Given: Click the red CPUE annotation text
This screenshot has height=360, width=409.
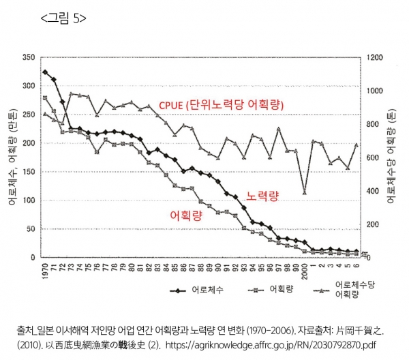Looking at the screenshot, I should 221,105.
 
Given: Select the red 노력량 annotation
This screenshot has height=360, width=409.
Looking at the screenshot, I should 263,195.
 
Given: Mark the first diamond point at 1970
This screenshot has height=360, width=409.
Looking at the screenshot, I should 45,72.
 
